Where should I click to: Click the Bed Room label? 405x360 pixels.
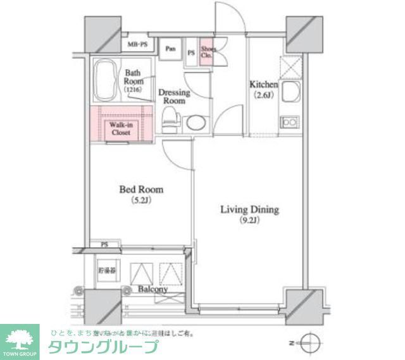point(141,189)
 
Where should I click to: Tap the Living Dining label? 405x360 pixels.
point(249,209)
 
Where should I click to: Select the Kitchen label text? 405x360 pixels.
point(264,85)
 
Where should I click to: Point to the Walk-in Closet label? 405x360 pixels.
point(120,129)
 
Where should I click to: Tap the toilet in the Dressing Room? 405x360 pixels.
point(171,120)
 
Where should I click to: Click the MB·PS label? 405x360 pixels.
point(137,45)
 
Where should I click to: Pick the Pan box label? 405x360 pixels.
point(171,49)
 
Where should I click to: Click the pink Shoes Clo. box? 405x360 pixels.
point(208,52)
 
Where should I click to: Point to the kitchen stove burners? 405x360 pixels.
point(290,121)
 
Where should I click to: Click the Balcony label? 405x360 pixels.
point(153,290)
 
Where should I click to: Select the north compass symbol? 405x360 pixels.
point(310,344)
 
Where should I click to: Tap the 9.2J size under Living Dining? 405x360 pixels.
point(249,221)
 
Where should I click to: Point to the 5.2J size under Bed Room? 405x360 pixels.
point(141,201)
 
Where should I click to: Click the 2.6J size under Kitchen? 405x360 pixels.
point(263,96)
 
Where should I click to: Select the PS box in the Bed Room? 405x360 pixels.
point(103,244)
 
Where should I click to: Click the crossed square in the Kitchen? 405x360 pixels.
point(290,65)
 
